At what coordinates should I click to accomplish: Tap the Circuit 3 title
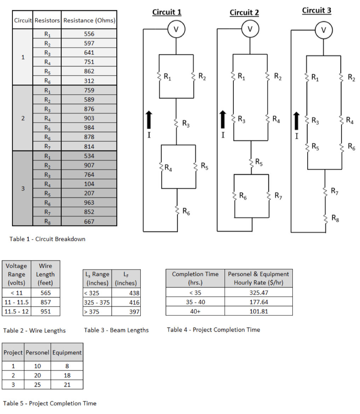317,11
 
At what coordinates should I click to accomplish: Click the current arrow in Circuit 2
222,119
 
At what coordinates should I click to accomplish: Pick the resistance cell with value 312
89,81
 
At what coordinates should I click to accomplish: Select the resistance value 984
89,128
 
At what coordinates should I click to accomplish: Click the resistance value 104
89,184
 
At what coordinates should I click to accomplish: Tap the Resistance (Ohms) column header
89,20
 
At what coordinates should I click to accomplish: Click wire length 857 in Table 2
45,302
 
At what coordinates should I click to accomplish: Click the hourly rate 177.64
259,302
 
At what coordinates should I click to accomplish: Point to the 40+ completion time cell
195,311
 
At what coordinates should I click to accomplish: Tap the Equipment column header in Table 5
67,353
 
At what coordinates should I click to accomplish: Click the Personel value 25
37,385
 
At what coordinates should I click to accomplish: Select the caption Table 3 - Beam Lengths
116,330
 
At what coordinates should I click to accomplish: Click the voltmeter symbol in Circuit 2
250,29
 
